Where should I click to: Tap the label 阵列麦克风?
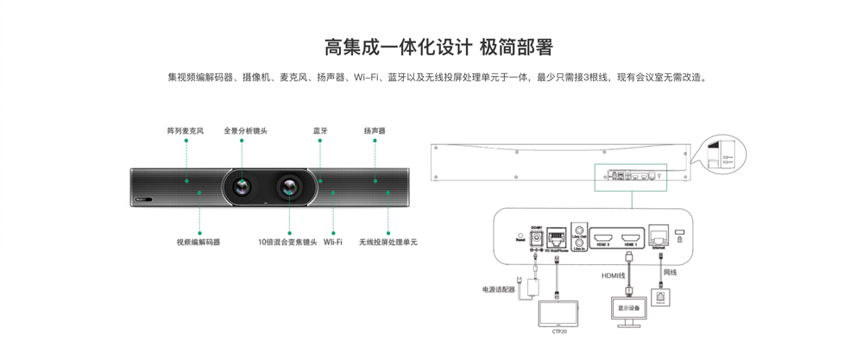(x=185, y=131)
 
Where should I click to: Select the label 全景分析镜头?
(x=245, y=131)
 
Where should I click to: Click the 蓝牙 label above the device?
(x=320, y=131)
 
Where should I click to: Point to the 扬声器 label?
(x=375, y=131)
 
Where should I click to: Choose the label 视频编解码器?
(x=198, y=243)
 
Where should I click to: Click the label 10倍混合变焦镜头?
(x=287, y=243)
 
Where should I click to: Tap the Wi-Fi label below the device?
(x=333, y=243)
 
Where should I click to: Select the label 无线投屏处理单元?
(x=388, y=243)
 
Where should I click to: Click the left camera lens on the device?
(x=243, y=185)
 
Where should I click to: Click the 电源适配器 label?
(x=499, y=289)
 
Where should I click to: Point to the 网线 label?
(x=670, y=273)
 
